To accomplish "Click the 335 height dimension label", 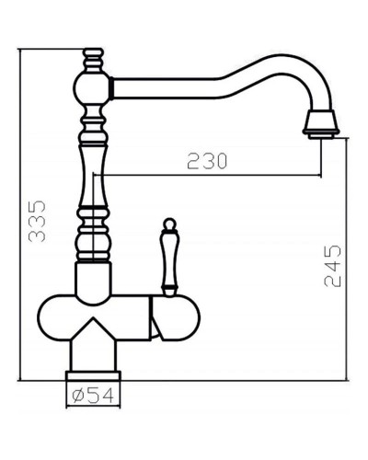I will coord(36,224).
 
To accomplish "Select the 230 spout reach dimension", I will coord(208,161).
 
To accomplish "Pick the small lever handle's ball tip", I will coord(169,224).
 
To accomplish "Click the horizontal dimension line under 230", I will coord(212,175).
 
